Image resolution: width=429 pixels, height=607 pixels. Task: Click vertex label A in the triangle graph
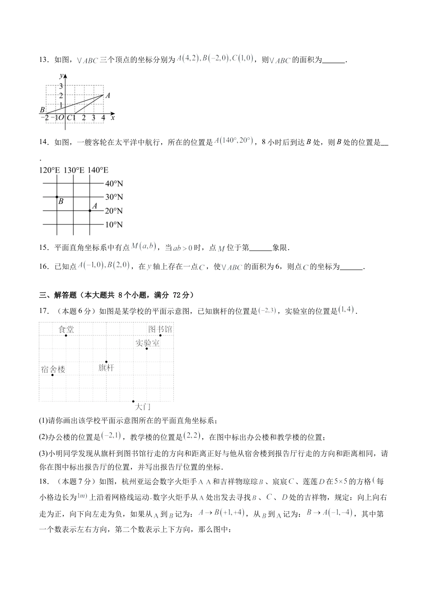[107, 95]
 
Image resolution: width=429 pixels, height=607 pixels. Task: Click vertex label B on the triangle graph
[42, 110]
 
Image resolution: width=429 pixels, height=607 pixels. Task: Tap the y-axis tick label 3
[61, 86]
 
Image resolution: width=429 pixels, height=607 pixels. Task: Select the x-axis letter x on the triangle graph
[112, 118]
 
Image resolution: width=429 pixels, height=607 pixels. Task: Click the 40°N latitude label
[114, 184]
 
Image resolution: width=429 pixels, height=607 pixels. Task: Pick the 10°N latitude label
[114, 225]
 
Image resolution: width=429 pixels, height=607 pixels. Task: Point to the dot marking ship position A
[89, 211]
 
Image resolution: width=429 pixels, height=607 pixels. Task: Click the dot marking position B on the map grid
[56, 197]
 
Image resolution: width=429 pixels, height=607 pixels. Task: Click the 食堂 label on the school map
[66, 329]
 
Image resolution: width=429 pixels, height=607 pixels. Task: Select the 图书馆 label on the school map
[160, 329]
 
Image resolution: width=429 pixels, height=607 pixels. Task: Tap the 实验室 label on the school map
[147, 343]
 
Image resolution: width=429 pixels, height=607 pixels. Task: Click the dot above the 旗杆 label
[106, 361]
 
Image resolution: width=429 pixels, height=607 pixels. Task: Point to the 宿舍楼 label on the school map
[53, 369]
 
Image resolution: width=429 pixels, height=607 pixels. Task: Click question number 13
[44, 60]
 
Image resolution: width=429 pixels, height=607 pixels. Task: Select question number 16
[44, 266]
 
